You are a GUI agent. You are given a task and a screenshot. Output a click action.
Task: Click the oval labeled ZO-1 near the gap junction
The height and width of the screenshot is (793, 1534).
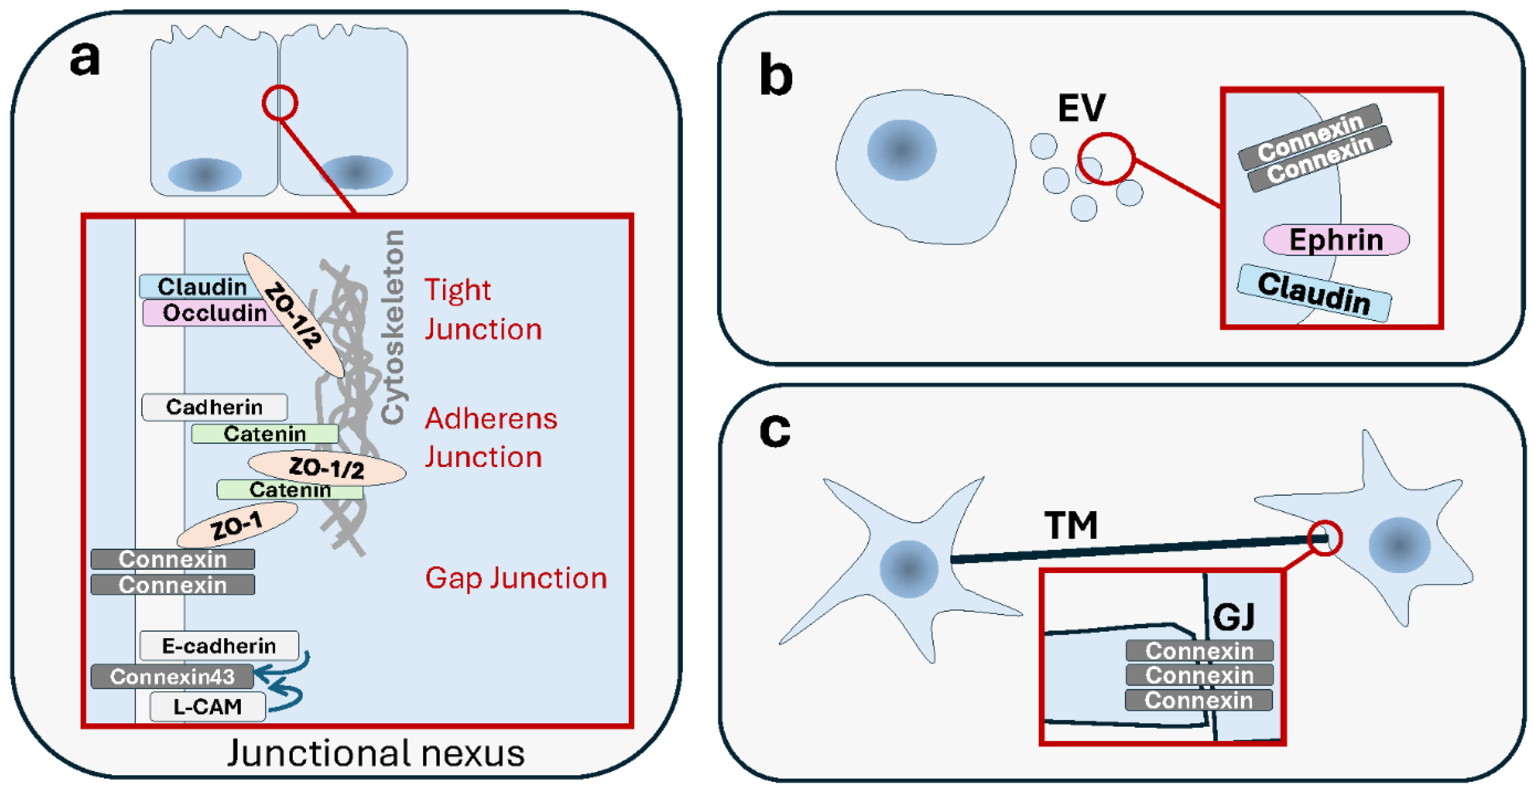pyautogui.click(x=236, y=525)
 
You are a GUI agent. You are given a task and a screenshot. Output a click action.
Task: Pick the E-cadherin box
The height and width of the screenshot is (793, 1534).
pyautogui.click(x=219, y=646)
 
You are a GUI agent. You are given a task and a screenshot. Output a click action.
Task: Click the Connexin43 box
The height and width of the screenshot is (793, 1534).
pyautogui.click(x=172, y=676)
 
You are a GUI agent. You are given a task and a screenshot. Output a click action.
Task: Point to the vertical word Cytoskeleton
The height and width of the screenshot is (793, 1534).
pyautogui.click(x=392, y=328)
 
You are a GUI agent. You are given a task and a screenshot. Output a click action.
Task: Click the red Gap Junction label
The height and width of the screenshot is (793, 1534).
pyautogui.click(x=516, y=578)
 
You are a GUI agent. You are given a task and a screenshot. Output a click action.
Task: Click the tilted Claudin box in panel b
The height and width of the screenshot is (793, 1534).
pyautogui.click(x=1314, y=294)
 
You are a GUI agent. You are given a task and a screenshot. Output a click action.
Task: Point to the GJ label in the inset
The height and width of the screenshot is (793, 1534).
pyautogui.click(x=1233, y=617)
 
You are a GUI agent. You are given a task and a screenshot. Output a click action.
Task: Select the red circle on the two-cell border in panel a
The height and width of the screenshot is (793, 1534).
pyautogui.click(x=279, y=103)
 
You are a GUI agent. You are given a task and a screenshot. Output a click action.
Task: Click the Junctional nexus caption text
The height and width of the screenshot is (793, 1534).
pyautogui.click(x=376, y=753)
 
